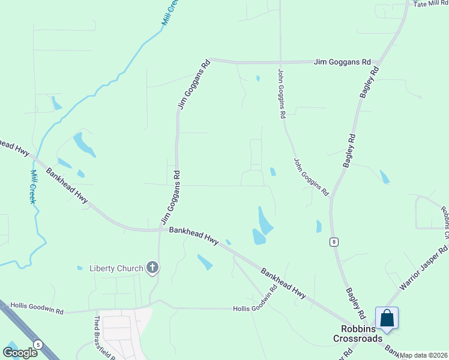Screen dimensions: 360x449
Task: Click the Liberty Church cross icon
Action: (152, 268)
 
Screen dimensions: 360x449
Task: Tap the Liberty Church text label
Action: (116, 268)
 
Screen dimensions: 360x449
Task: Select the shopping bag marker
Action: (387, 318)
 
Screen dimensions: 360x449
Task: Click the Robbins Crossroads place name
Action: (358, 333)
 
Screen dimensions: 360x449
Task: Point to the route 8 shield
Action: (334, 241)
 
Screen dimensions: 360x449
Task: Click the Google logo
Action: (20, 352)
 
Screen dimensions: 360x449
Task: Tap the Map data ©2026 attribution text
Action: (424, 355)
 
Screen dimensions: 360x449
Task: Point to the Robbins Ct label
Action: (445, 220)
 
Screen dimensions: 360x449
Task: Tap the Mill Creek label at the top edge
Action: (170, 11)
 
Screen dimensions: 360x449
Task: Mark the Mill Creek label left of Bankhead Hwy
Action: (33, 186)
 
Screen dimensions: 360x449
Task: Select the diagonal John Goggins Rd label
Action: (311, 177)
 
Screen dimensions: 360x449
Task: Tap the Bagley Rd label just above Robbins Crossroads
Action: (355, 303)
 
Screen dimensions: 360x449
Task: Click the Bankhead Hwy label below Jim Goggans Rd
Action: (193, 234)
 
